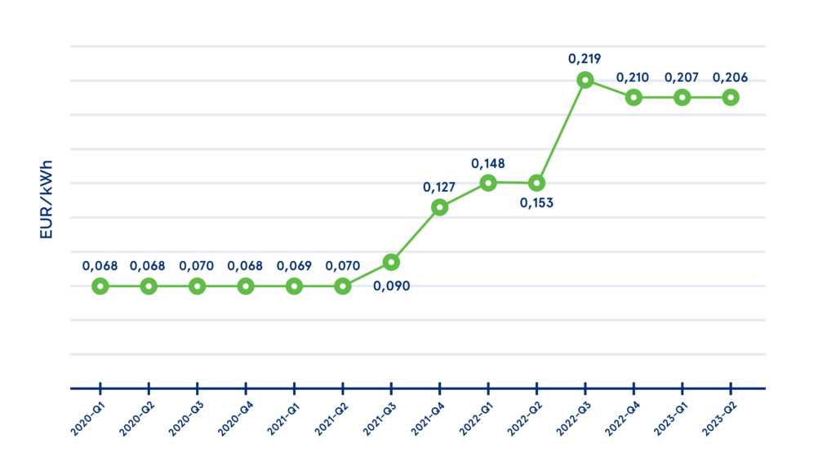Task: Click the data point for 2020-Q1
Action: coord(100,286)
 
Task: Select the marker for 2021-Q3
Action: coord(391,262)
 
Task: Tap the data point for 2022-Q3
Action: coord(585,80)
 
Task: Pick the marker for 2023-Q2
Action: coord(731,97)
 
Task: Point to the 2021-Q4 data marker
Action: coord(440,207)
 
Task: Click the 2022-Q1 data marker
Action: coord(488,183)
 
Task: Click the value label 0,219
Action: coord(585,59)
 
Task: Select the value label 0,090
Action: coord(391,286)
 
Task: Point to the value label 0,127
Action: coord(439,187)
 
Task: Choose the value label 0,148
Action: coord(488,162)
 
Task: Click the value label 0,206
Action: coord(731,78)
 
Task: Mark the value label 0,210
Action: coord(634,78)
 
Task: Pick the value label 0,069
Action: coord(294,266)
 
